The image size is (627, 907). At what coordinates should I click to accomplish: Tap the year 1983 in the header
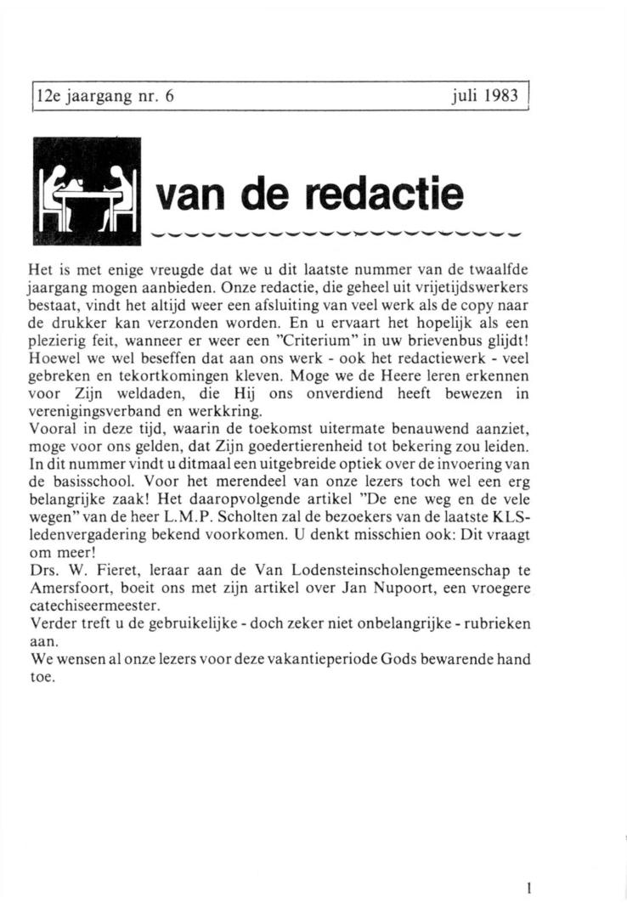501,95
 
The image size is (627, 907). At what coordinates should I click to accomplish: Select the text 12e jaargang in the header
76,95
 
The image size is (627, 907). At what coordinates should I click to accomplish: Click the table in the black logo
87,194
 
